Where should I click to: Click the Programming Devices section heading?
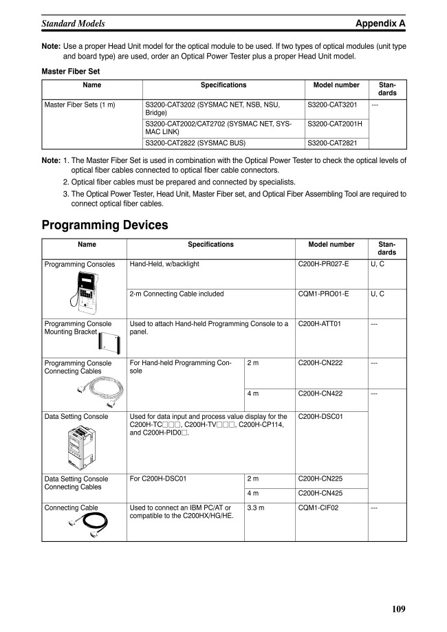[105, 224]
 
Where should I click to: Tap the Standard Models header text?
[74, 23]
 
